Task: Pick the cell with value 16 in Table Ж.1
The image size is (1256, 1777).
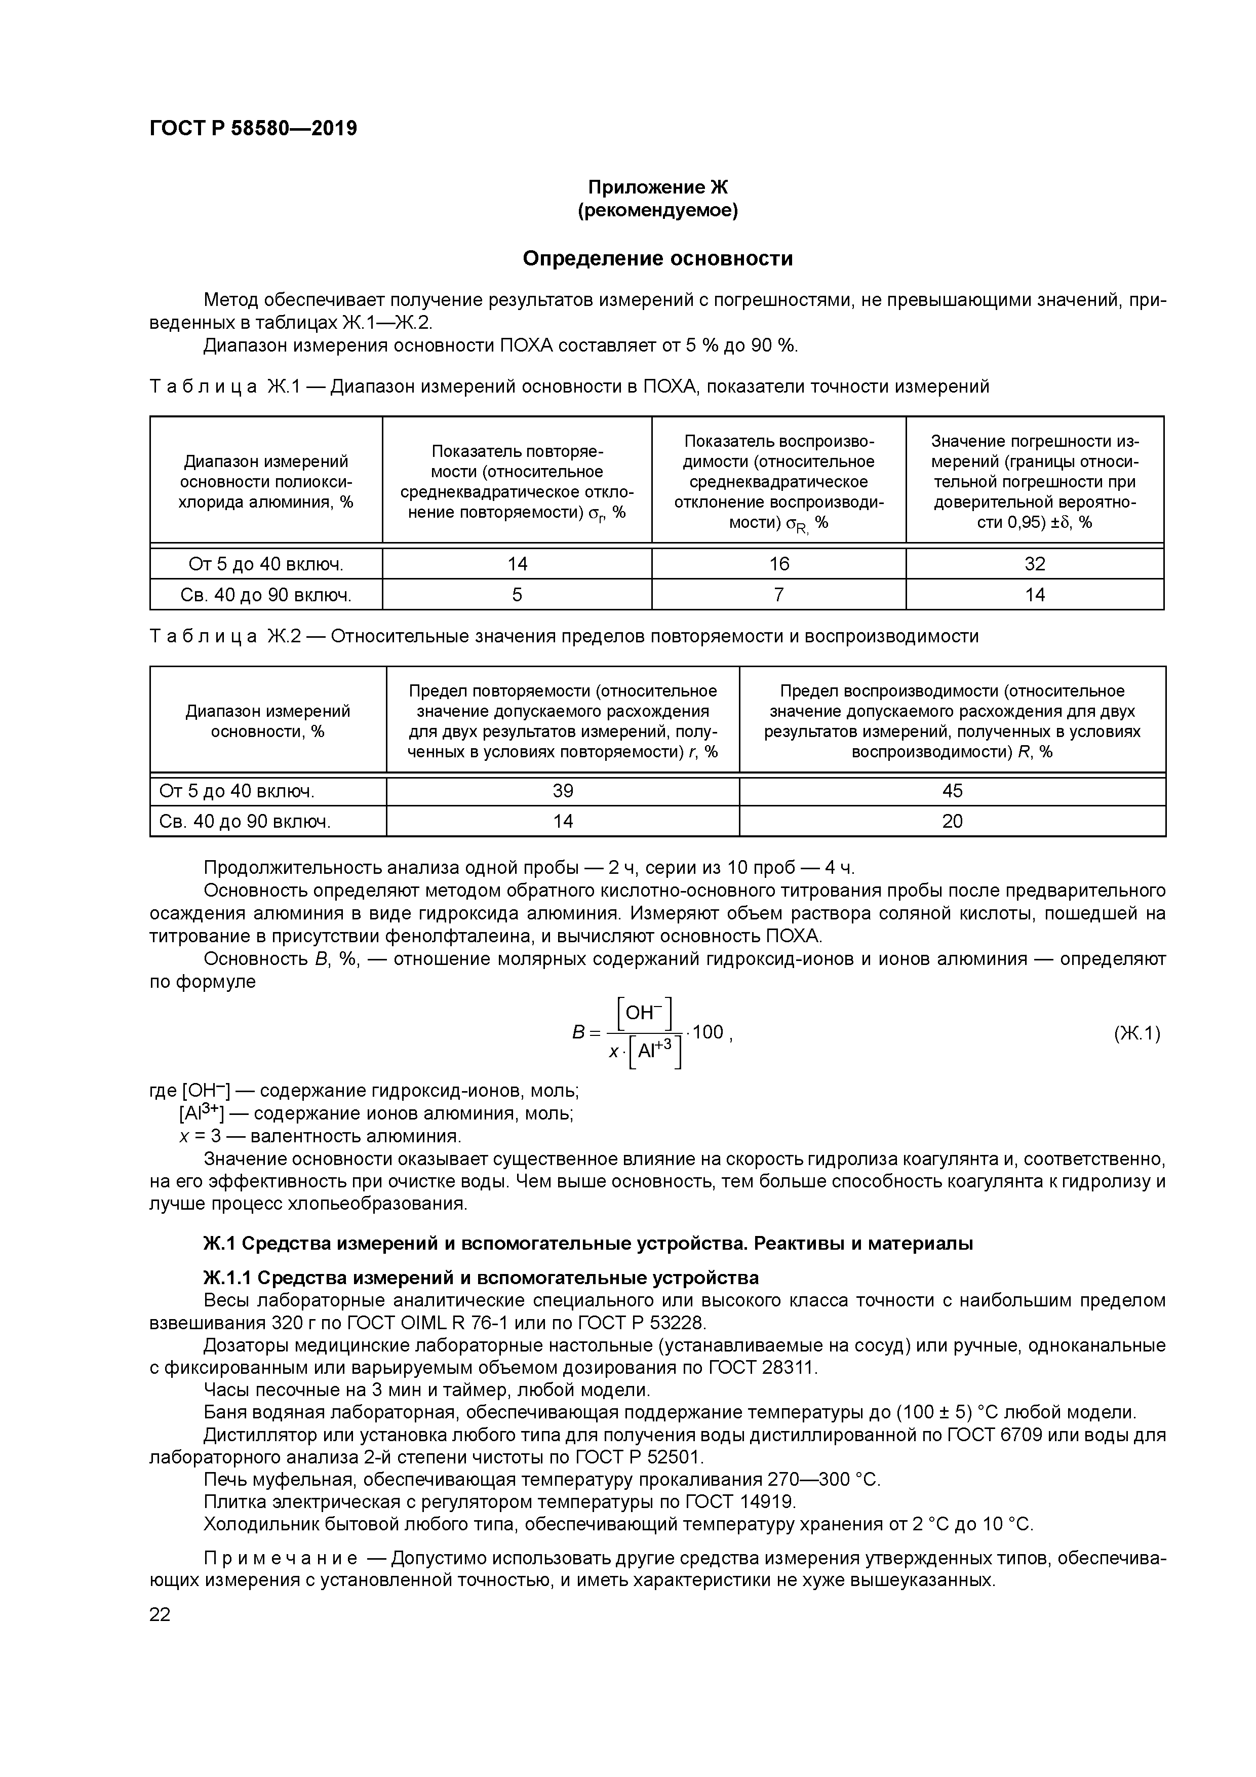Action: click(x=778, y=564)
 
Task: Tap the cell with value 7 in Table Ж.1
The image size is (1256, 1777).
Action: click(x=778, y=594)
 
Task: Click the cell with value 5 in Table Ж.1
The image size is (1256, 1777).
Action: click(x=517, y=594)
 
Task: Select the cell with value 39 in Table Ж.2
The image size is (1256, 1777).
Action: click(x=563, y=791)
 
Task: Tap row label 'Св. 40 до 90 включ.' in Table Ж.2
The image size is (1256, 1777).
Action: click(x=245, y=821)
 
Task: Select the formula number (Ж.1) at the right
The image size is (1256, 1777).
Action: click(x=1137, y=1033)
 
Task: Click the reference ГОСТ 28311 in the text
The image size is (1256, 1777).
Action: click(x=762, y=1368)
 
